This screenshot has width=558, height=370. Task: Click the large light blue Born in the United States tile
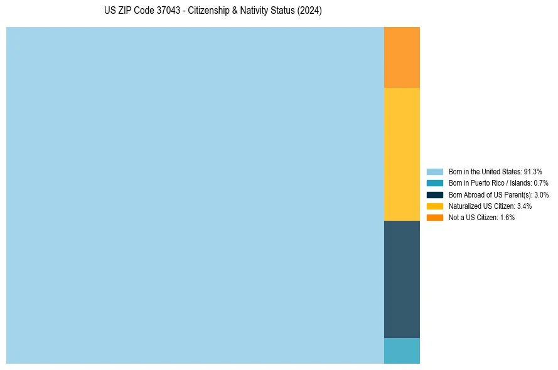click(195, 195)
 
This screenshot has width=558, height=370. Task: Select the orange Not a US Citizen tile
click(402, 57)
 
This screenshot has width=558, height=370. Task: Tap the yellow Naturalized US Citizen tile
click(402, 154)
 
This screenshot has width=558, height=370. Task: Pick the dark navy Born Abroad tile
click(402, 279)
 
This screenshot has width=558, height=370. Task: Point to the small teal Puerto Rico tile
click(402, 351)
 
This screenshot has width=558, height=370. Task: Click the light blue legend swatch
click(435, 171)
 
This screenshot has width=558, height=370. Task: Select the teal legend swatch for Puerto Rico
click(435, 182)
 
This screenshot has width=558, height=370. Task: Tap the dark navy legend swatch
click(435, 194)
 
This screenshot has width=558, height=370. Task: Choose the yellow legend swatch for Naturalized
click(435, 206)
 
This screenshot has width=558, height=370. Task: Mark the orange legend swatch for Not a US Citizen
click(435, 217)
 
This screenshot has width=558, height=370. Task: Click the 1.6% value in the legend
click(507, 217)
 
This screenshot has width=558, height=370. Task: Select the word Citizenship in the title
click(210, 11)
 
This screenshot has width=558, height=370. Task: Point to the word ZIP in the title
click(126, 11)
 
